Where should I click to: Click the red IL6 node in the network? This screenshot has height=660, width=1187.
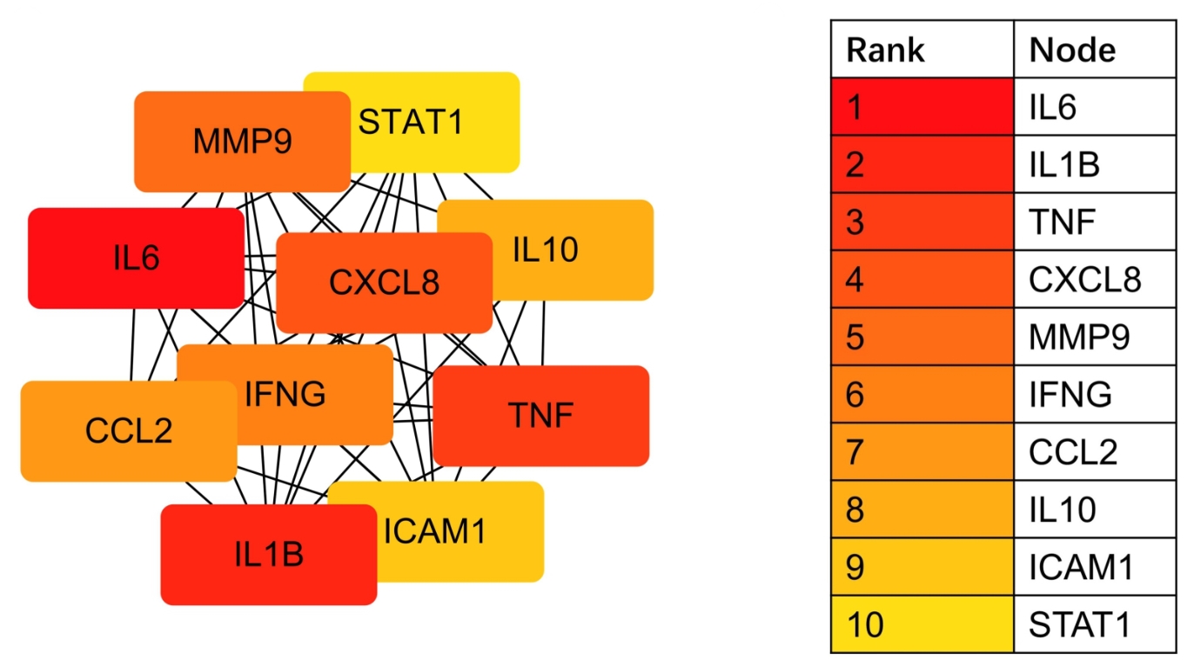(136, 258)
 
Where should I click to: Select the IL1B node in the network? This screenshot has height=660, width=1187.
(268, 555)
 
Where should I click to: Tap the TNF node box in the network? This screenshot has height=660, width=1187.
(540, 416)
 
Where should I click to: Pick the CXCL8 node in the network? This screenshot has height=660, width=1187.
(384, 283)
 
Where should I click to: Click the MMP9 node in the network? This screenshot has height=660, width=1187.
(242, 141)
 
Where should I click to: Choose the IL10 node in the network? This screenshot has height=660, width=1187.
(574, 250)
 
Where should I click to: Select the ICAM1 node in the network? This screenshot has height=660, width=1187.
(461, 531)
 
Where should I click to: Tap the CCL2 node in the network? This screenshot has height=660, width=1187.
(113, 431)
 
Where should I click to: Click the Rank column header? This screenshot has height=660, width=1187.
(922, 50)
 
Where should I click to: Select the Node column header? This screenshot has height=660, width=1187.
(1094, 50)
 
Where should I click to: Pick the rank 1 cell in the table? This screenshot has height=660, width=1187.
(922, 107)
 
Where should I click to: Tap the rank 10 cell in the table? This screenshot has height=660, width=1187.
(922, 623)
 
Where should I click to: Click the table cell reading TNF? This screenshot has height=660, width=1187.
(1094, 222)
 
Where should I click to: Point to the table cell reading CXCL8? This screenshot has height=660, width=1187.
(1094, 279)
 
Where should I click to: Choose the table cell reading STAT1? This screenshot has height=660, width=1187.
(1094, 623)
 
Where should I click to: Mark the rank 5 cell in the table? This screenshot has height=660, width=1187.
(922, 337)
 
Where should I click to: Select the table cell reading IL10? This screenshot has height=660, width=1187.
(1094, 509)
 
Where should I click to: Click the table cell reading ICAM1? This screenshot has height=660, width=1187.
(1094, 566)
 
